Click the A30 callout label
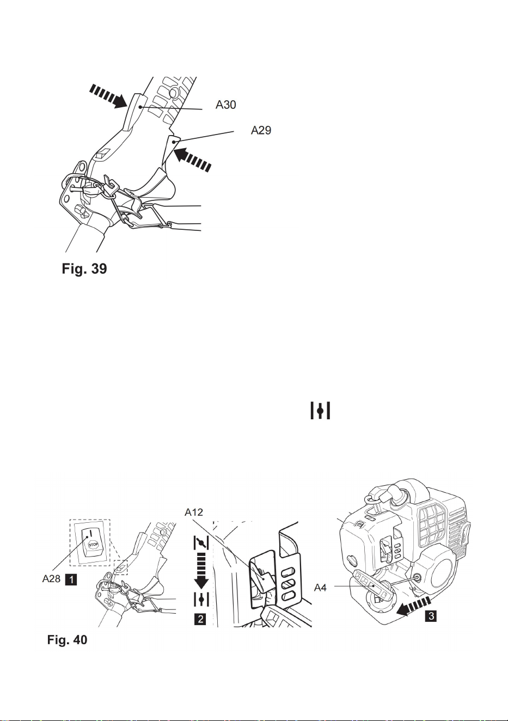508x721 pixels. [x=225, y=105]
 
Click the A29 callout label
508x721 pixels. [x=261, y=130]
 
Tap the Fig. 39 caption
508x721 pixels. [x=84, y=268]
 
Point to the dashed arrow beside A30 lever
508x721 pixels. [x=108, y=96]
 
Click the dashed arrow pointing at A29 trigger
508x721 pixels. [x=193, y=159]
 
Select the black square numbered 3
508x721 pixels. [x=431, y=616]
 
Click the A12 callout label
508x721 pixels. [x=194, y=512]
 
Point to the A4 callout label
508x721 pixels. [x=320, y=588]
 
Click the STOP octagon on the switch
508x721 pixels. [x=93, y=545]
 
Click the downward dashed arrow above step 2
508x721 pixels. [x=201, y=571]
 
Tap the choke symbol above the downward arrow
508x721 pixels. [x=201, y=543]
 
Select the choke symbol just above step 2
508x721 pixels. [x=201, y=600]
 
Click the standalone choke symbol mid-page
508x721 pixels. [x=320, y=411]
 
